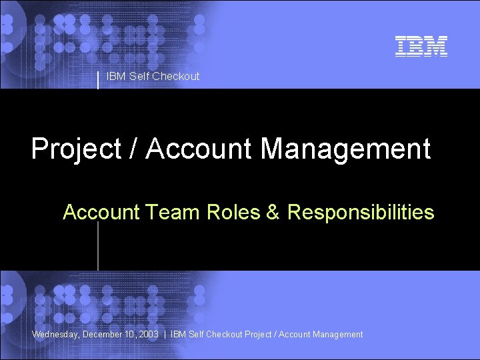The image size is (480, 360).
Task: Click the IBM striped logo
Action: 421,46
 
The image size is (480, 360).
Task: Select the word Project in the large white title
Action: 77,149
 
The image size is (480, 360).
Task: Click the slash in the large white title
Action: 134,149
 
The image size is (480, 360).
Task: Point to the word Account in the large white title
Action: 199,149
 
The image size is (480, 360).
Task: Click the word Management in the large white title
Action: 345,149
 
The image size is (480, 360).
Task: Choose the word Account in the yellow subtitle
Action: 101,213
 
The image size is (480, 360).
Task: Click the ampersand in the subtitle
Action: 273,213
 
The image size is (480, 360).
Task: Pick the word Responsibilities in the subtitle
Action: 361,213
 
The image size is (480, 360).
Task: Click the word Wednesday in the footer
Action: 55,335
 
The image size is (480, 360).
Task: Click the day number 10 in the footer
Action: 131,335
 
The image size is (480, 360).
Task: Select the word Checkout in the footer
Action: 225,335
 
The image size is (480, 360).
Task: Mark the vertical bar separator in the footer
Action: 165,335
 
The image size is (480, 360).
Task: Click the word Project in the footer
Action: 258,335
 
